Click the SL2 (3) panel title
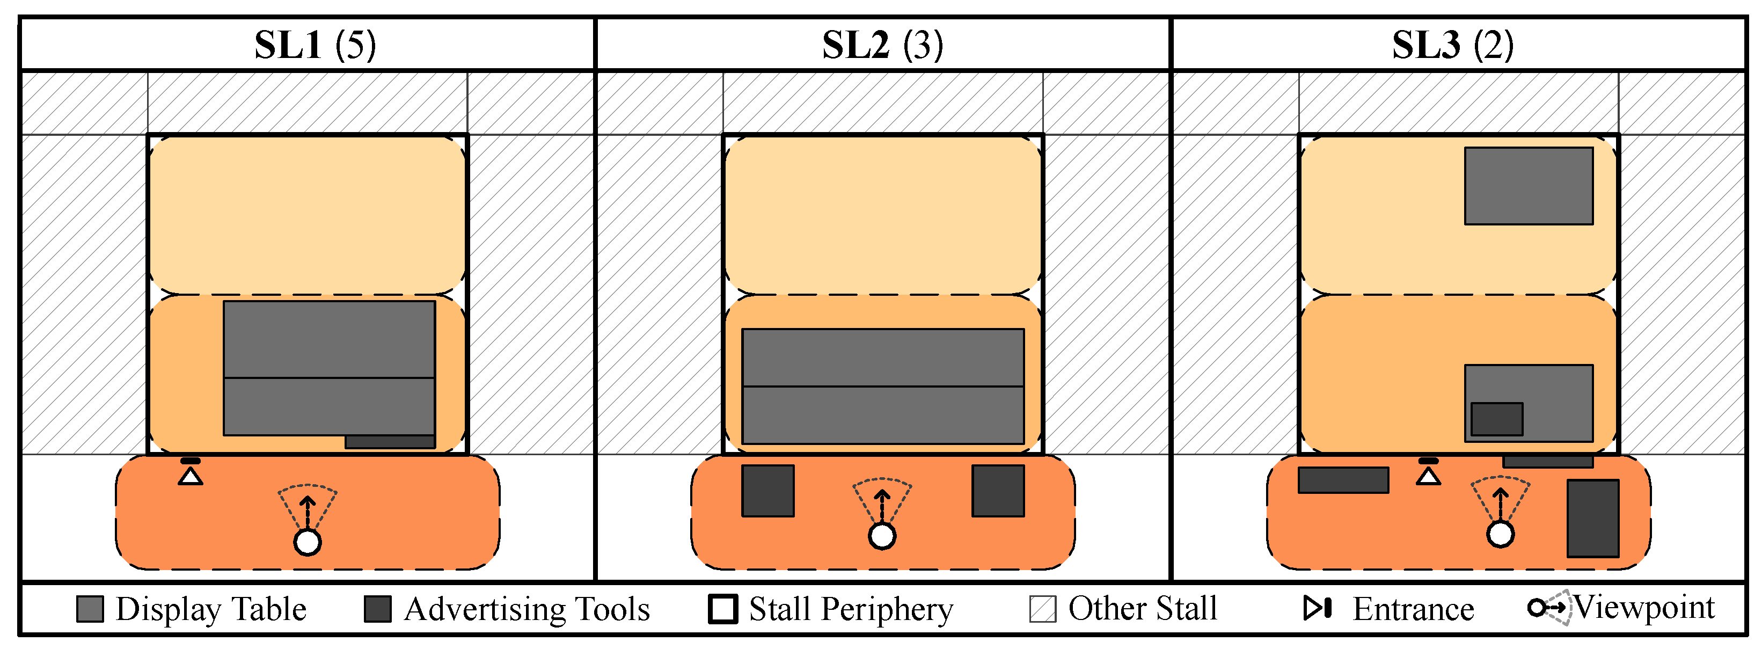point(882,45)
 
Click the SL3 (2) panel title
point(1453,45)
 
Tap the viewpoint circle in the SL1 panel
point(307,542)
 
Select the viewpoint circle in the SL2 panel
point(882,536)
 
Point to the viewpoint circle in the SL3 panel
point(1500,534)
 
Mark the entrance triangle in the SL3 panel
point(1428,475)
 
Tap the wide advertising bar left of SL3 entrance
point(1343,480)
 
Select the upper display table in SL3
point(1529,186)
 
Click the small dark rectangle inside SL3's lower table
point(1497,419)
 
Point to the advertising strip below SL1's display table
point(390,442)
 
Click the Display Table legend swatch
point(90,609)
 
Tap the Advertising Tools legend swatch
point(378,609)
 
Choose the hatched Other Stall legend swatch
point(1042,609)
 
